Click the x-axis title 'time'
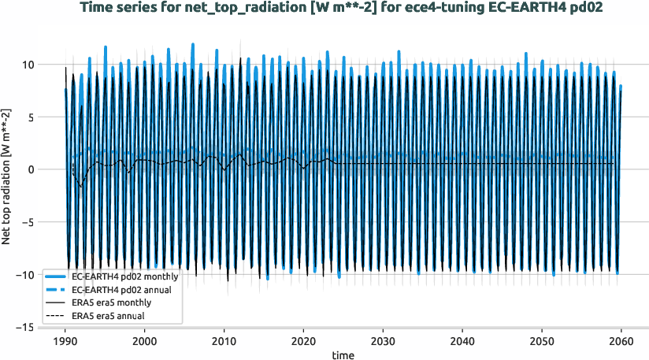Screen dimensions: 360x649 pyautogui.click(x=343, y=355)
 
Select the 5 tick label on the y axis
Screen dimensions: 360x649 pyautogui.click(x=29, y=117)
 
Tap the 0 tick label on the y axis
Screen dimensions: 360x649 pyautogui.click(x=29, y=169)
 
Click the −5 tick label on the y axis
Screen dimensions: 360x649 pyautogui.click(x=26, y=222)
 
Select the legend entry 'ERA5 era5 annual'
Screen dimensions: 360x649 pyautogui.click(x=110, y=315)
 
